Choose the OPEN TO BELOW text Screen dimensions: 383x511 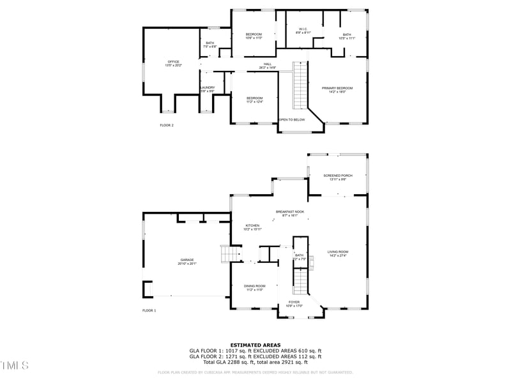click(x=292, y=119)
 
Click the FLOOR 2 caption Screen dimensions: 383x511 click(x=166, y=125)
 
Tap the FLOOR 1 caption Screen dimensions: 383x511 click(x=149, y=310)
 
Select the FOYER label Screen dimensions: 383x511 click(x=294, y=303)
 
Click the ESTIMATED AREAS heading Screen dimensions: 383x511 click(x=255, y=345)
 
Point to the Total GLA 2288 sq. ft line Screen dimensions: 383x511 click(x=255, y=362)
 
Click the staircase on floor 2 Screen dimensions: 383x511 click(x=300, y=86)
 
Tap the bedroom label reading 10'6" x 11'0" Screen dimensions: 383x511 click(x=254, y=36)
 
